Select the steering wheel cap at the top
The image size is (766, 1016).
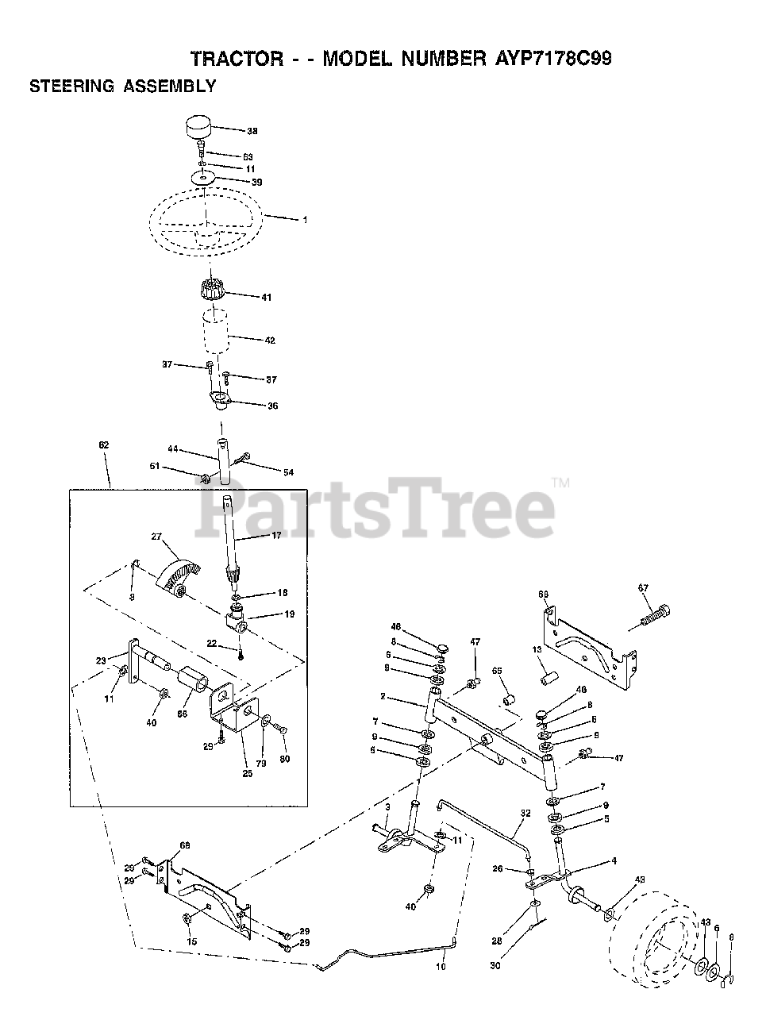click(198, 126)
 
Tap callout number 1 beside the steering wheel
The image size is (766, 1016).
click(305, 220)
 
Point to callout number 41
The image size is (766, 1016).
click(266, 298)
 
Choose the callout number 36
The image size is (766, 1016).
click(272, 406)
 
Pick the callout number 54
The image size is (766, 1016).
click(287, 472)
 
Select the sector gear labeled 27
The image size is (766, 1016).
click(179, 571)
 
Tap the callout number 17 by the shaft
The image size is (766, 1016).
click(276, 537)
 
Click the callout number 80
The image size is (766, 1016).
click(284, 759)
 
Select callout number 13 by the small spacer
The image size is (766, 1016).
click(537, 649)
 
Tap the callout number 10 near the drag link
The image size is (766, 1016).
click(441, 967)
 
